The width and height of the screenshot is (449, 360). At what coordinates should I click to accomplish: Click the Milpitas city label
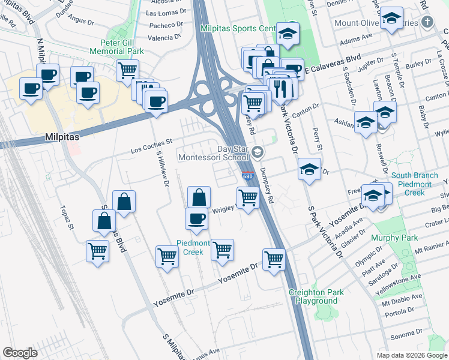point(63,137)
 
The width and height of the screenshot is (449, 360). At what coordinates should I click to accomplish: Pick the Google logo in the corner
point(20,352)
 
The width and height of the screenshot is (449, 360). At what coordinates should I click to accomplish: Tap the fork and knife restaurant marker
point(280,88)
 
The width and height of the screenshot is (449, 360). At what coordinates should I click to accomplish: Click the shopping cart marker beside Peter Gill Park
point(127,70)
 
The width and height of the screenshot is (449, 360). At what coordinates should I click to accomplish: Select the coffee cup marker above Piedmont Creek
point(196,218)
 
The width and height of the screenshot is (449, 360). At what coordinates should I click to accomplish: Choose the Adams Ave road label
point(352,43)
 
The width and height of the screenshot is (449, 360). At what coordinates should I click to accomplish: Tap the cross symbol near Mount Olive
point(427,23)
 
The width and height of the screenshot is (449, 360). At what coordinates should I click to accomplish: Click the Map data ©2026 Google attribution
point(412,355)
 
